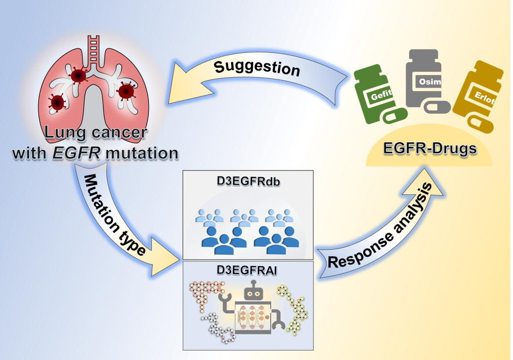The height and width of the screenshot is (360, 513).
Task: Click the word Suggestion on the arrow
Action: (x=257, y=68)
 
